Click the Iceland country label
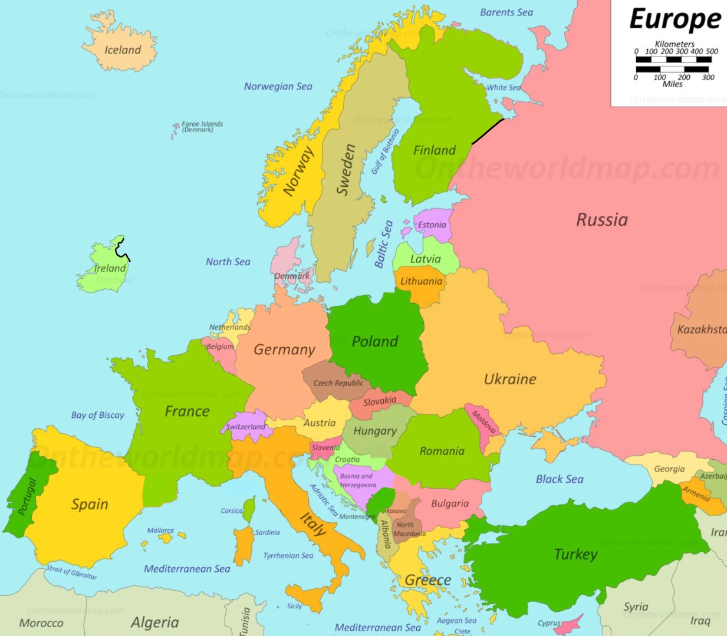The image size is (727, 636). pos(123,50)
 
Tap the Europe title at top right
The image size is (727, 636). pos(675,19)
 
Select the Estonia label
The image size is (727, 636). pos(432,225)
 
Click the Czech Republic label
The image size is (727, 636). pos(338,383)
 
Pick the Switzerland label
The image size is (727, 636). pos(245,426)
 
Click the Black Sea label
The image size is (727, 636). pos(559,479)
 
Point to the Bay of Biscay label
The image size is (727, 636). pos(97,415)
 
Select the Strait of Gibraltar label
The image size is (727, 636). pos(72,572)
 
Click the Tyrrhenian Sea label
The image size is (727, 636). pos(288,555)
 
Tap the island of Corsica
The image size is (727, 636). pos(249,509)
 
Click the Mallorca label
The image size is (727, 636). pos(160,530)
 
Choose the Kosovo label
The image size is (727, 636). pos(396,511)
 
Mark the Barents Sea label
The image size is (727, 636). pos(506,12)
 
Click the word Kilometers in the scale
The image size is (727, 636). pos(675,44)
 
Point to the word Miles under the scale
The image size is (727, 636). pos(672,84)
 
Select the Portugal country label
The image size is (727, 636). pos(27,496)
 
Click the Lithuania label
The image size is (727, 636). pos(421,281)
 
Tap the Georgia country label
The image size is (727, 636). pos(669,469)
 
